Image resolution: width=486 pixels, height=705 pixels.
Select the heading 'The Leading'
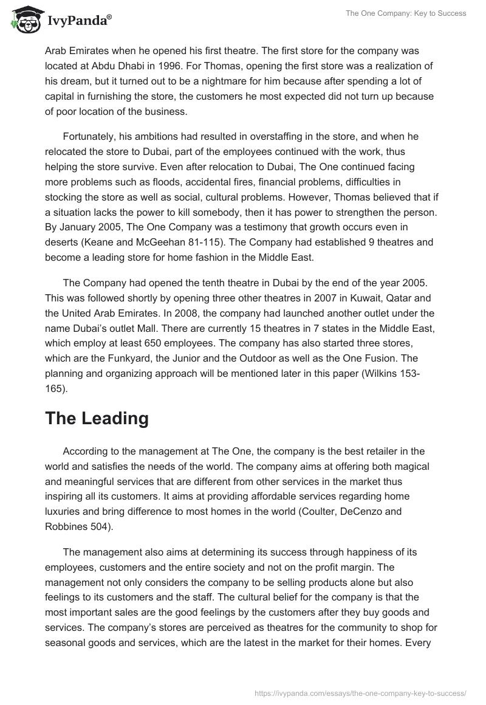coord(97,419)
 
